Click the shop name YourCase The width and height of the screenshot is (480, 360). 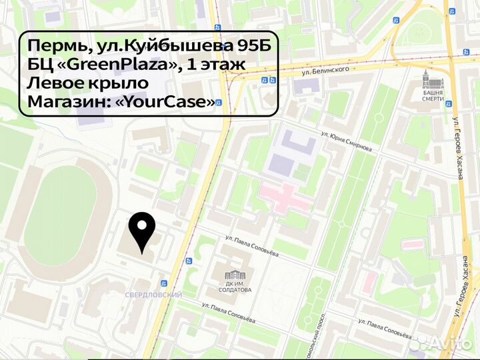(x=179, y=102)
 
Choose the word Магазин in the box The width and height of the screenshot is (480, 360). (x=69, y=102)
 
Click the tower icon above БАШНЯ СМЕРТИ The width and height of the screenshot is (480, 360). (x=433, y=81)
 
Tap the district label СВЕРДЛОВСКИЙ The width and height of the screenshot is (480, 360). (x=153, y=295)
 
